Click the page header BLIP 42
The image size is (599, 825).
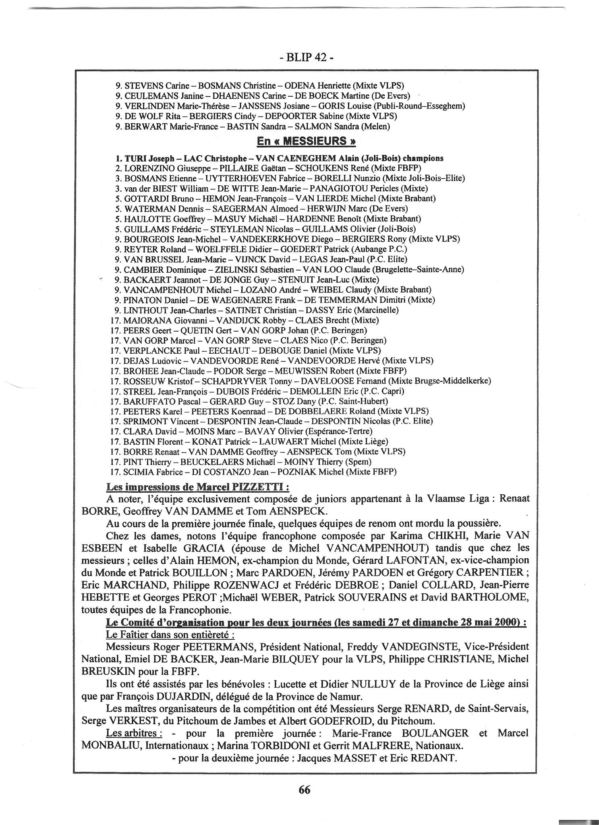click(x=306, y=58)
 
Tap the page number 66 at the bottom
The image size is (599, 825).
click(x=305, y=790)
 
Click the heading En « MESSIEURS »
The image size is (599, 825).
click(x=306, y=141)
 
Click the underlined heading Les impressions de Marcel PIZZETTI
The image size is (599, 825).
click(x=197, y=487)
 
